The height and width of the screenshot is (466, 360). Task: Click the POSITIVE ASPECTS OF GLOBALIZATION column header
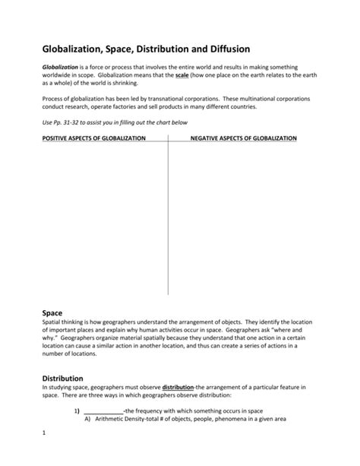(x=89, y=138)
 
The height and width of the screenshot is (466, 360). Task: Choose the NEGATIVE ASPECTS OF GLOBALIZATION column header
(x=243, y=138)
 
